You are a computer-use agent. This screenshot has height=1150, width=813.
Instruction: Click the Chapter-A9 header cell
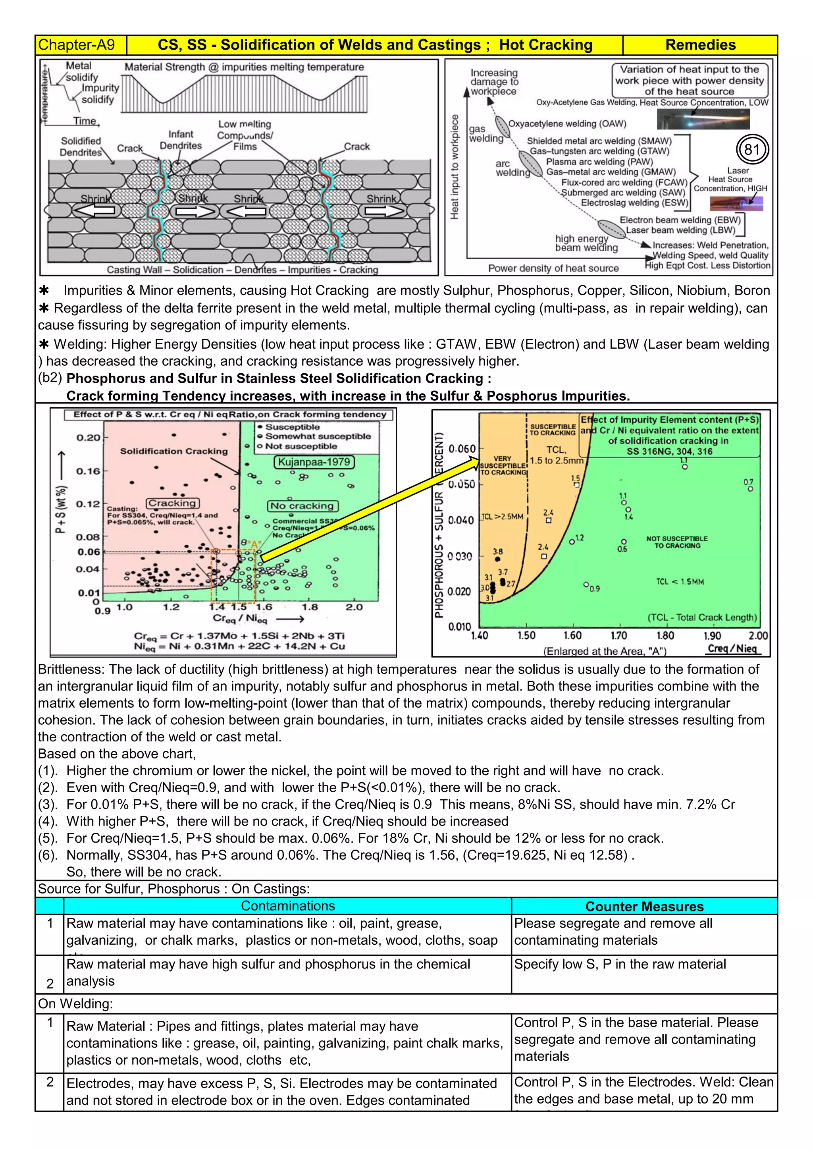click(77, 45)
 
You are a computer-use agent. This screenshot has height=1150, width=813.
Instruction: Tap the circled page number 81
click(752, 150)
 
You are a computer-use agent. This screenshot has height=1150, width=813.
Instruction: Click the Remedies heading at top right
click(700, 45)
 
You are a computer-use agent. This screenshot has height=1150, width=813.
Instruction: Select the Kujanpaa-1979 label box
click(314, 462)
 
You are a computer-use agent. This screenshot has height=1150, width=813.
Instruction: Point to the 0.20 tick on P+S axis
click(88, 437)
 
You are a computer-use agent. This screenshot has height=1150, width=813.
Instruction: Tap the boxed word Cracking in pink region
click(173, 503)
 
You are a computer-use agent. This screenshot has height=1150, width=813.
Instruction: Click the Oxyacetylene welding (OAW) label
click(567, 124)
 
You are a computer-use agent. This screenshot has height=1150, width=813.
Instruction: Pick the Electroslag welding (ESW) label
click(634, 203)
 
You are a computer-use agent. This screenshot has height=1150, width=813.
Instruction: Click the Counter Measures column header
click(644, 907)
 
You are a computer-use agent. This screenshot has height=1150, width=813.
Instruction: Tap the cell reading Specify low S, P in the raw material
click(620, 964)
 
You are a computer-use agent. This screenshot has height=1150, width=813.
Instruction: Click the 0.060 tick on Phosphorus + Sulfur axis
click(462, 448)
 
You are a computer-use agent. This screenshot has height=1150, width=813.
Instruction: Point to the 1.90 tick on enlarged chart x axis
click(712, 636)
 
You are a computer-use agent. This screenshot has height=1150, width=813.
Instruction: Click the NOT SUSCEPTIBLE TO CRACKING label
click(677, 542)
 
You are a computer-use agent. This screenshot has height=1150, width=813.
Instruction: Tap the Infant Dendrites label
click(180, 140)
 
